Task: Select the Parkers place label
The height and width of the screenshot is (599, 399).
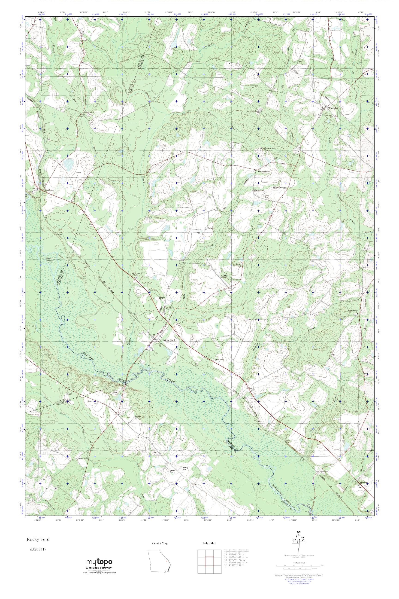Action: pyautogui.click(x=211, y=228)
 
